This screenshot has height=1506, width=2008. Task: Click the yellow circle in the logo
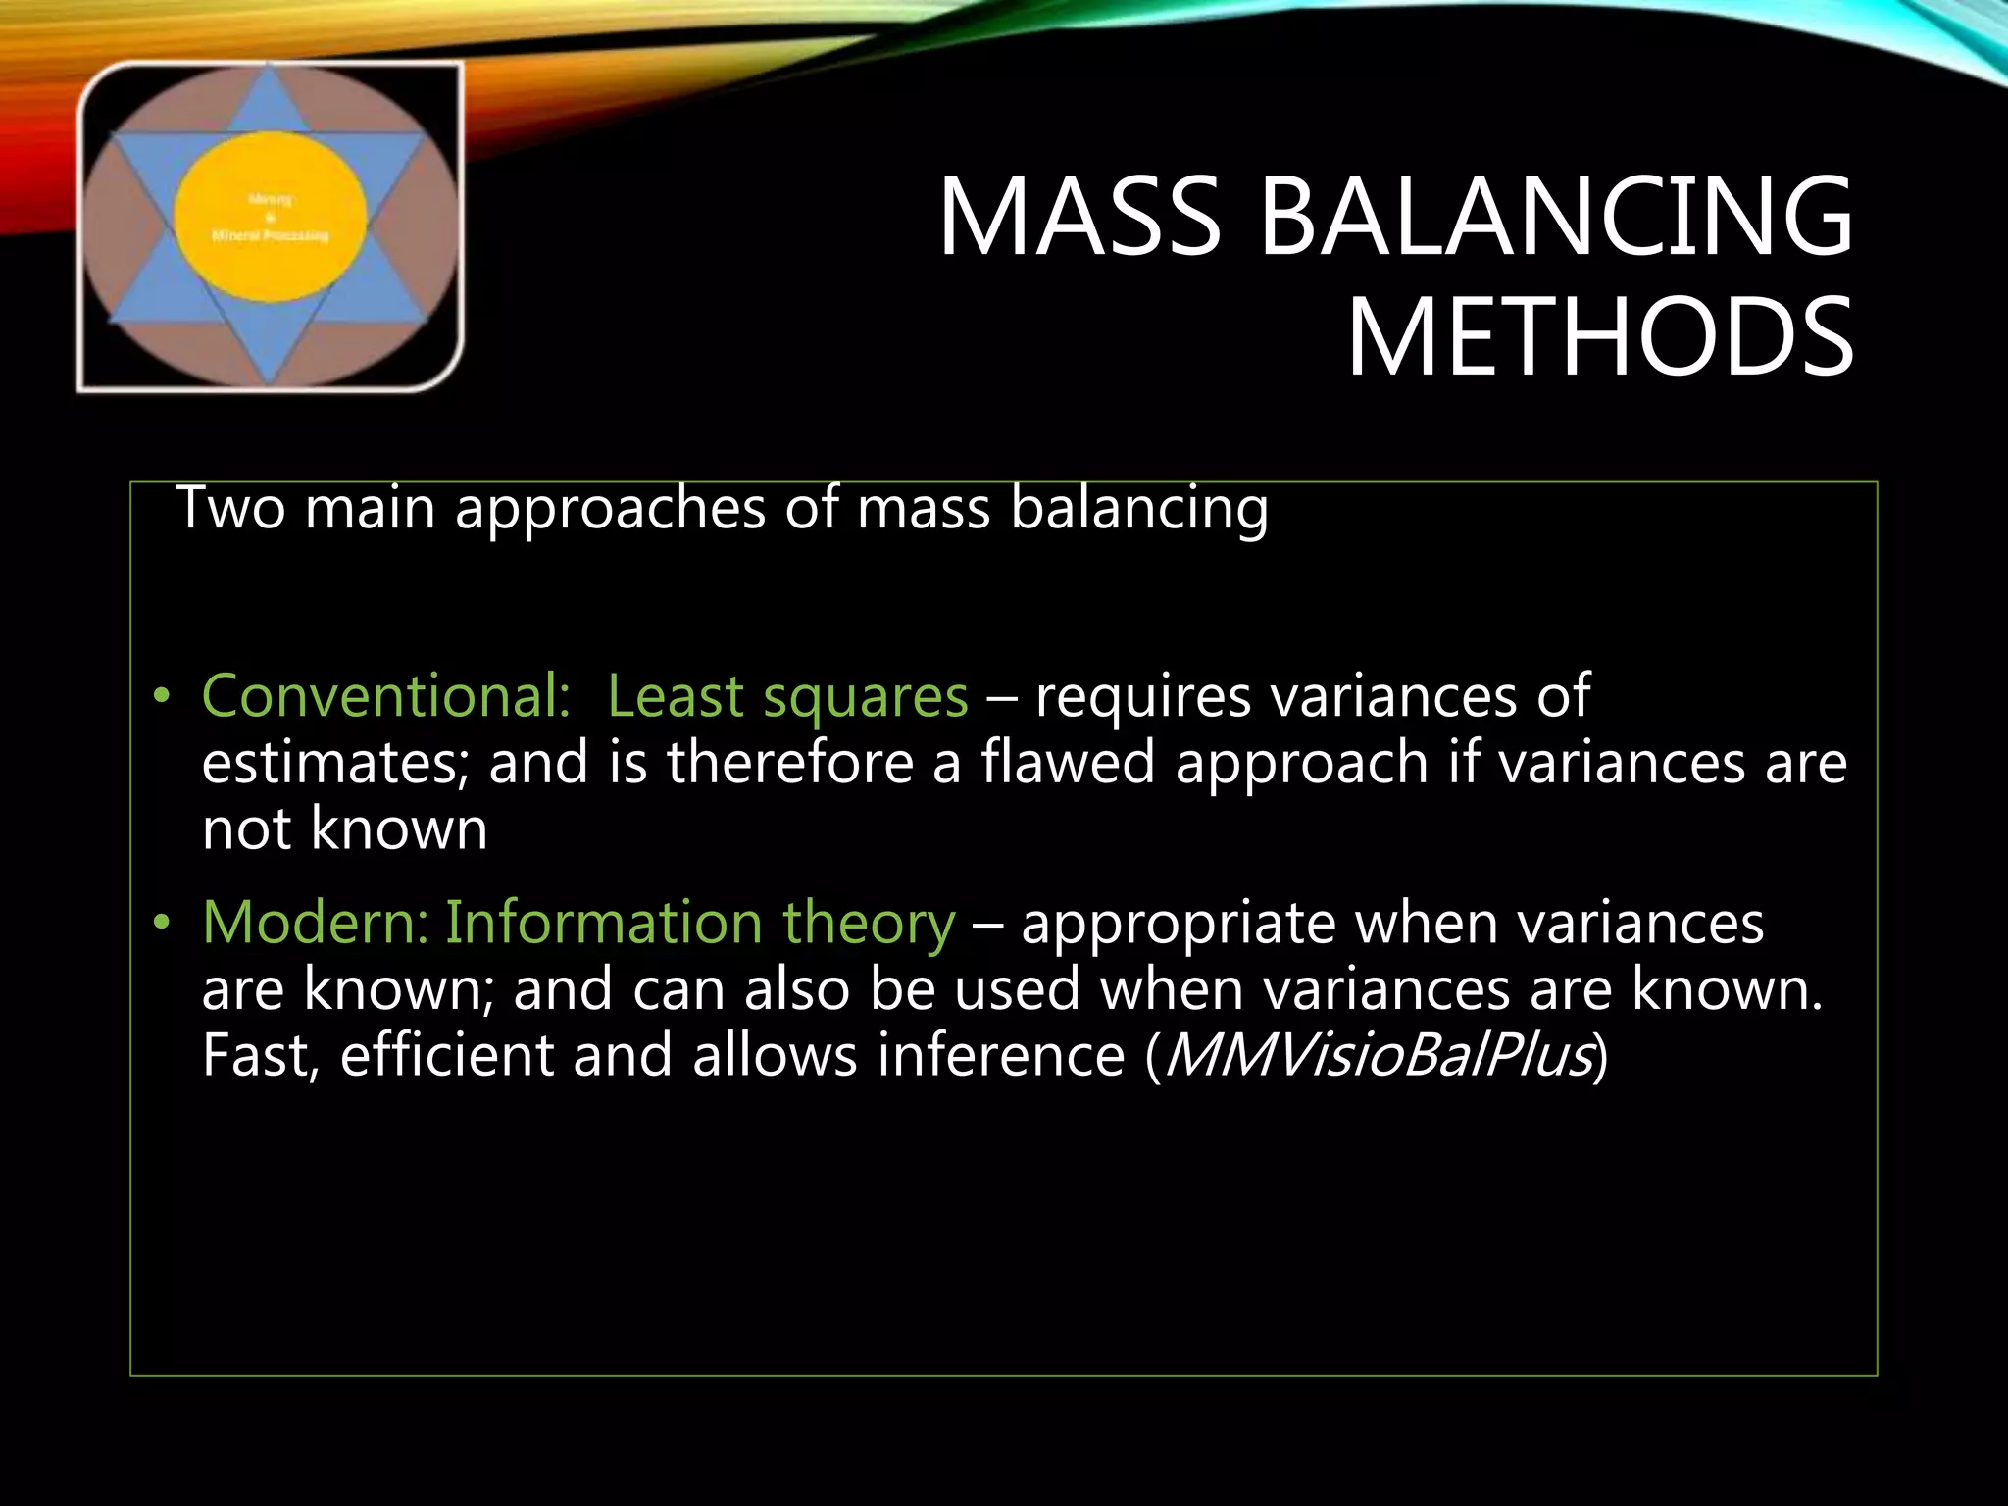coord(271,218)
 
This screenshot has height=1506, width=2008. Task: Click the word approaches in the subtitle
coord(610,510)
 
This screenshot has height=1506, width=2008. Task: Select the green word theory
coord(868,925)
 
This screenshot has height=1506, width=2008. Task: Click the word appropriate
coord(1178,925)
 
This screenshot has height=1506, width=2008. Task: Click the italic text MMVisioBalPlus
coord(1377,1055)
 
